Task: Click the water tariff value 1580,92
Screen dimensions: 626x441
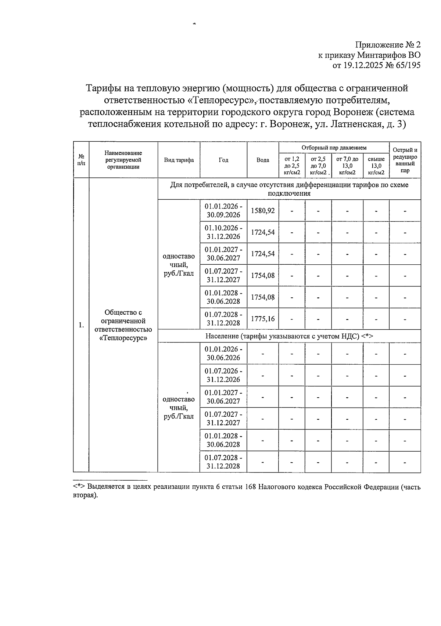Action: (263, 211)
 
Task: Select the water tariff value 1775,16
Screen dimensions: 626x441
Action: (263, 319)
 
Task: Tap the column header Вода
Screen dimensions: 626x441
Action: (263, 160)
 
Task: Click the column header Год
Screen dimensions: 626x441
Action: (223, 160)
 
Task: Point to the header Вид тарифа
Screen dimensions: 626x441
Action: (179, 160)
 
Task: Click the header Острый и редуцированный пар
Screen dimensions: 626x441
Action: (405, 160)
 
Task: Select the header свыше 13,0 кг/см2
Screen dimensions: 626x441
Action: (376, 166)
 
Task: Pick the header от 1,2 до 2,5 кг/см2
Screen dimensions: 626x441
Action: (292, 166)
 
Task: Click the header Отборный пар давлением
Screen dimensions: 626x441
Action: (334, 148)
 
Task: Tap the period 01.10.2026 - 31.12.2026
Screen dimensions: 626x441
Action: (223, 232)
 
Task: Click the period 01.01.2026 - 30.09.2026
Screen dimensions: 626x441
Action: (223, 211)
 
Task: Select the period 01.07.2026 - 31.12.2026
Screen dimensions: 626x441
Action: (223, 375)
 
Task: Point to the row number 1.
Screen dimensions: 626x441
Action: (81, 325)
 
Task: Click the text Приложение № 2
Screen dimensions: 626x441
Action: (388, 45)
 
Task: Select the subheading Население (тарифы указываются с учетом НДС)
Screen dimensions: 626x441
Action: (289, 336)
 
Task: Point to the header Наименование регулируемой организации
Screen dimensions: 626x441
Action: (123, 160)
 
